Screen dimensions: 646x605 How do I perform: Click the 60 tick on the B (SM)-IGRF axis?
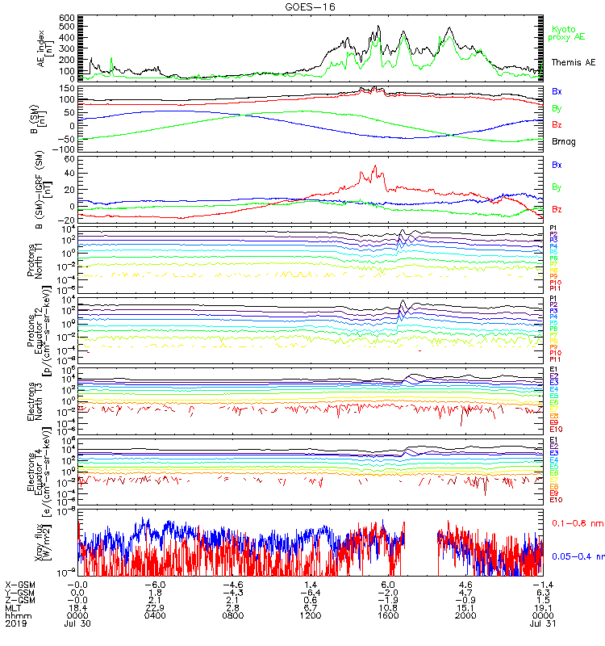pos(68,160)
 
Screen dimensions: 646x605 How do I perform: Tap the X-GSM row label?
pos(19,584)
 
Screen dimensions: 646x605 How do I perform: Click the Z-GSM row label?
pos(19,599)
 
